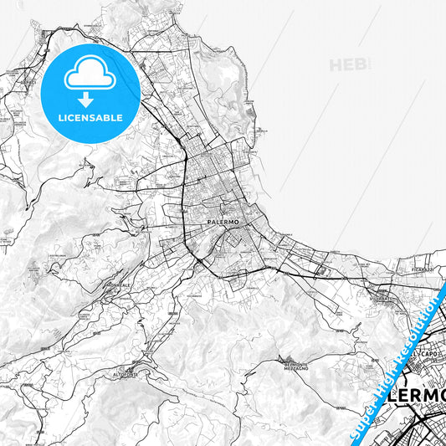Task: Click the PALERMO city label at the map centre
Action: [223, 223]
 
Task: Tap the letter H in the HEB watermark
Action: [336, 65]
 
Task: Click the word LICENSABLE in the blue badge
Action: [90, 118]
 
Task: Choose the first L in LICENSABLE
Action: [60, 118]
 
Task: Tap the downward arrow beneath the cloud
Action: [90, 98]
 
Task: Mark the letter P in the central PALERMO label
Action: [208, 223]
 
